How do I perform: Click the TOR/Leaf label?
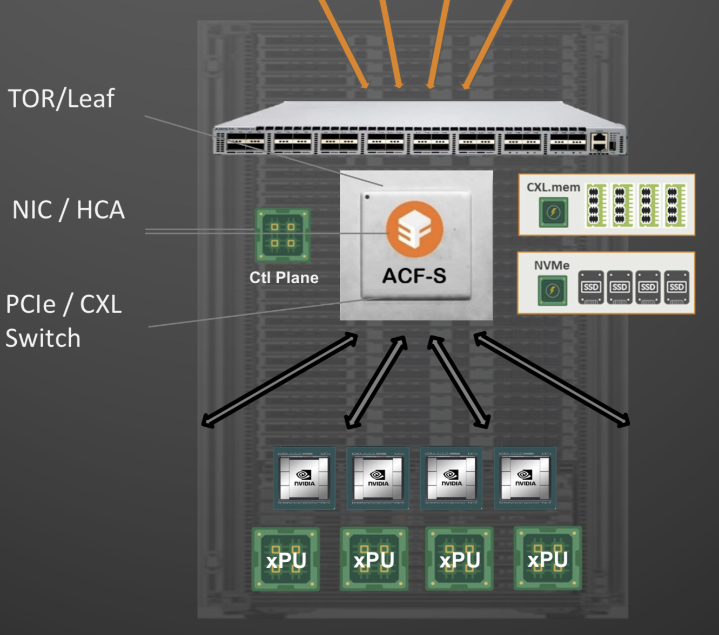[61, 99]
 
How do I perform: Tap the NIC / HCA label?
[69, 210]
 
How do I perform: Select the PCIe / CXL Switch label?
[63, 321]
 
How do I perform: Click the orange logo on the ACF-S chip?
[414, 229]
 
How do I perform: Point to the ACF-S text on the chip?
[414, 276]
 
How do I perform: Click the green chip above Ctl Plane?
[283, 235]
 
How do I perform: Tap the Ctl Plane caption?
[284, 278]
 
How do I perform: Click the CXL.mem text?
[553, 187]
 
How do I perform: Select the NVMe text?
[552, 265]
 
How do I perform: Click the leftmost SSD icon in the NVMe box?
[591, 287]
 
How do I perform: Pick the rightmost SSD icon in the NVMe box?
[676, 287]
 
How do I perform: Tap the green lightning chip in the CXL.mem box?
[554, 212]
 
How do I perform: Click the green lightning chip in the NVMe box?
[552, 290]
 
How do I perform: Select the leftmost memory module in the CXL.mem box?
[596, 205]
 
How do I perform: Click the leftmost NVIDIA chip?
[304, 478]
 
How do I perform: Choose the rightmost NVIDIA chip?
[525, 478]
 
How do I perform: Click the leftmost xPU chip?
[286, 559]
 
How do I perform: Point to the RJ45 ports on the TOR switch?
[599, 141]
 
